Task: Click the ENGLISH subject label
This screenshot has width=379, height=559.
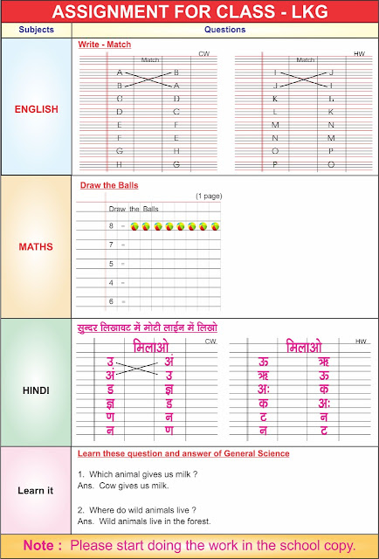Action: (37, 109)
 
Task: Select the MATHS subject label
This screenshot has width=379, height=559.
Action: (37, 246)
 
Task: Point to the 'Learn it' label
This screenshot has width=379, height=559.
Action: (36, 490)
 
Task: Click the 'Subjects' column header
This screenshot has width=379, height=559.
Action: (36, 29)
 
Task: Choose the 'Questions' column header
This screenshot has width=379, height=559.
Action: (224, 29)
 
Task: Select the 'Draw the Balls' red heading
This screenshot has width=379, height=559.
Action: (109, 185)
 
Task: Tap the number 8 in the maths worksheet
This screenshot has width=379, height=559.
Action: (111, 226)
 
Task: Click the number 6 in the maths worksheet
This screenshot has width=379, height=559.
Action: (111, 301)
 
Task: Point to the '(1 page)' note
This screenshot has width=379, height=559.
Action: (208, 196)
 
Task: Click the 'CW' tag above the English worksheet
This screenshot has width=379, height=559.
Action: (203, 54)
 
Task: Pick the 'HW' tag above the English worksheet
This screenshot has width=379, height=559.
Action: (359, 54)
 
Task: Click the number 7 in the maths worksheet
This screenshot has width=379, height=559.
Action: (111, 245)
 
